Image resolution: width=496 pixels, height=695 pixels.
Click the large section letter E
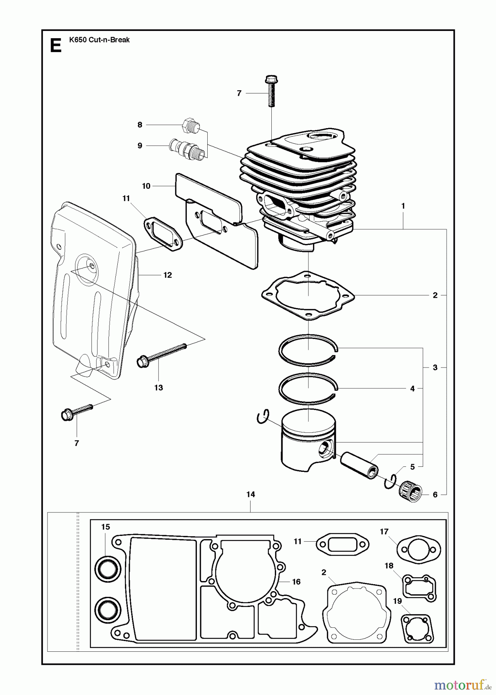[56, 46]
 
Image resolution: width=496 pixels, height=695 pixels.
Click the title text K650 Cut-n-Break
[99, 40]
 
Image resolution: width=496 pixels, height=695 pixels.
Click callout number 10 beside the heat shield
[146, 186]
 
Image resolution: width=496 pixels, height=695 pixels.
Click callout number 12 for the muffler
[168, 275]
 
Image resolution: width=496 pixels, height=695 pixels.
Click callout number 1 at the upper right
[403, 206]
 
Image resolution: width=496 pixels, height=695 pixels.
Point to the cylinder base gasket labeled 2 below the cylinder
[308, 296]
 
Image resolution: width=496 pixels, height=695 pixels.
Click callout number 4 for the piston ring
[412, 389]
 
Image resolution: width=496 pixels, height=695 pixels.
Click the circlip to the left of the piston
[262, 418]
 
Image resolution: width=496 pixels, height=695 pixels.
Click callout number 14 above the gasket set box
[251, 494]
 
